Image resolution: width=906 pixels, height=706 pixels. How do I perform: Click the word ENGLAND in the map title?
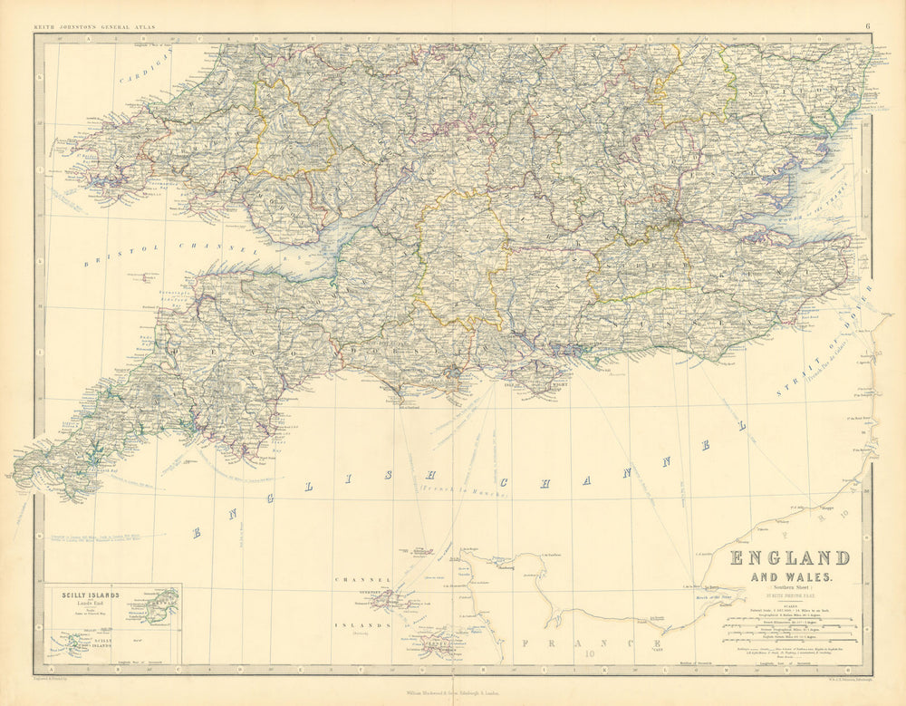pos(789,557)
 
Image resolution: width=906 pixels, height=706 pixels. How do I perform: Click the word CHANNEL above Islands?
pos(362,579)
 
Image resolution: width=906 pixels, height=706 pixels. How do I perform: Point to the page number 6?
pos(867,26)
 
